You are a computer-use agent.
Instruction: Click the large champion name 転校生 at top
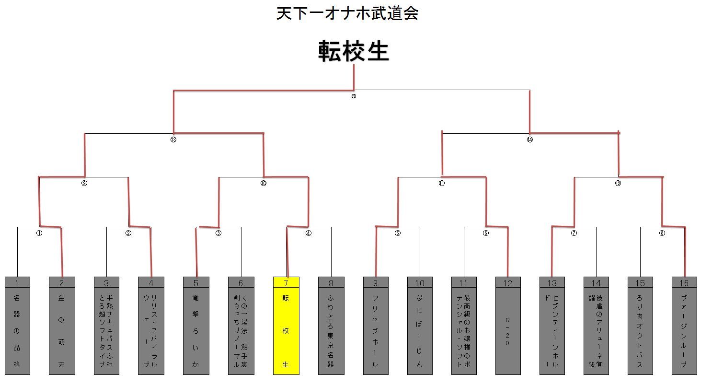click(x=354, y=51)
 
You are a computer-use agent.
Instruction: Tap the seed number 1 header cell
click(x=17, y=283)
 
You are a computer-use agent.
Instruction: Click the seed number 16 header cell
click(x=684, y=283)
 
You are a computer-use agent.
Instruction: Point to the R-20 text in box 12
click(x=507, y=331)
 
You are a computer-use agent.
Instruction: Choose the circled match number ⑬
click(x=173, y=140)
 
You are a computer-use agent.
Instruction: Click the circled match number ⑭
click(x=529, y=140)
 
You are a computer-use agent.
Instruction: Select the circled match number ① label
click(x=39, y=233)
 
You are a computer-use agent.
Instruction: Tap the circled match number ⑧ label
click(x=662, y=233)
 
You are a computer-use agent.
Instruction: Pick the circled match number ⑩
click(x=263, y=183)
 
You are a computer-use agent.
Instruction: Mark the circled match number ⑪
click(x=442, y=183)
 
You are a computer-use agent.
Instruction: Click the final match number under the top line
click(x=354, y=96)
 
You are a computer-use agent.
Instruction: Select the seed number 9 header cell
click(x=376, y=283)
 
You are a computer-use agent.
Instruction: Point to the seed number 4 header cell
click(x=151, y=283)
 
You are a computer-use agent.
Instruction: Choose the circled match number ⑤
click(x=397, y=233)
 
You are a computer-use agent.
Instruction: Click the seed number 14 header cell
click(x=596, y=283)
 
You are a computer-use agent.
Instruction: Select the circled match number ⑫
click(x=618, y=183)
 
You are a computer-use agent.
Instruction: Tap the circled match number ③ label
click(x=218, y=233)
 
